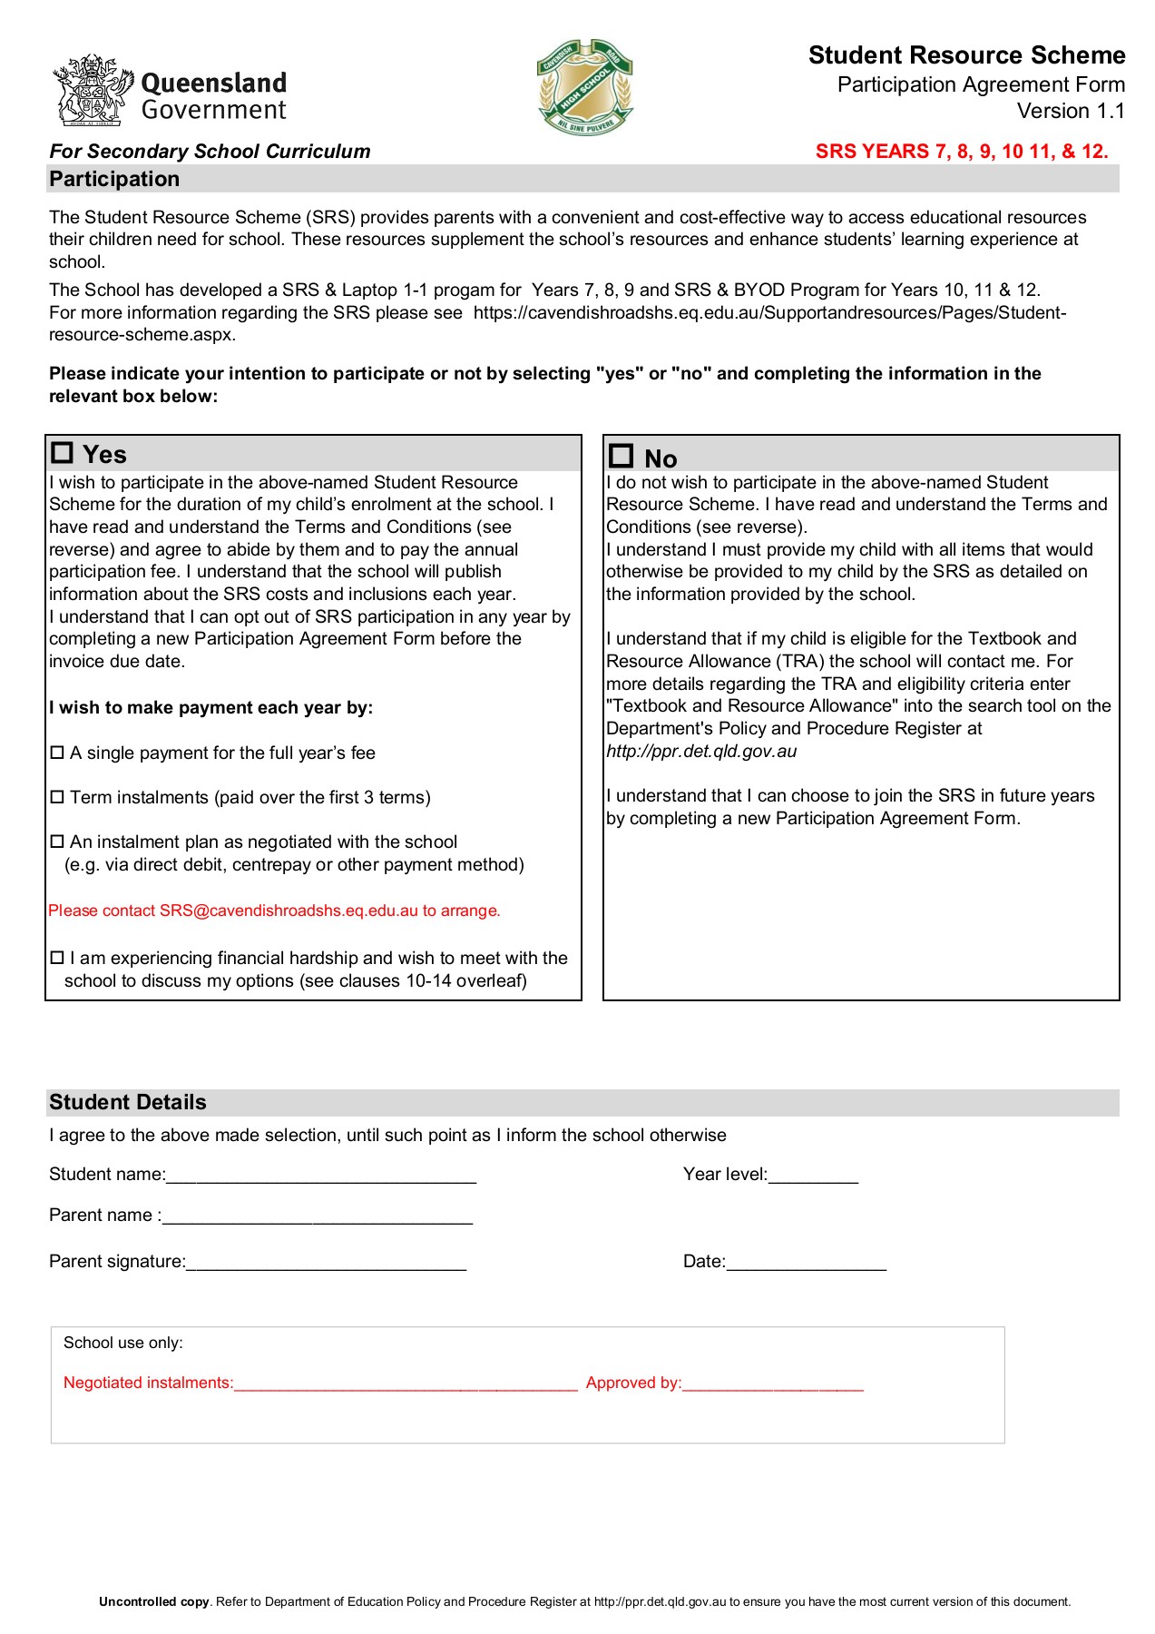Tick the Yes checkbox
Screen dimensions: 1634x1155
point(62,452)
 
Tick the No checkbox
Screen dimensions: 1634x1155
point(622,456)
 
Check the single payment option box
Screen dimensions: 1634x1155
point(57,753)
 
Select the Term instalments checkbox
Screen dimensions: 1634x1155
point(57,797)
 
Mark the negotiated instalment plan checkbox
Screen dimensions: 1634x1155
point(57,842)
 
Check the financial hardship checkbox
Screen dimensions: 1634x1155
point(57,958)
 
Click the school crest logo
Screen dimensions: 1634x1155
point(585,87)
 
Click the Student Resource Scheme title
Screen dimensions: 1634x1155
point(966,55)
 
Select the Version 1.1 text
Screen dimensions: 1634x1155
point(1071,111)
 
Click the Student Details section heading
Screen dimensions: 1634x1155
point(128,1102)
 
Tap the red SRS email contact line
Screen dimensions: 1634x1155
point(274,911)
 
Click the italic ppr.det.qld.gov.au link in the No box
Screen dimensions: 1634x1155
point(701,752)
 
